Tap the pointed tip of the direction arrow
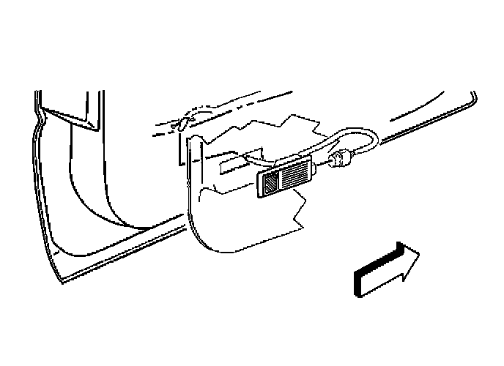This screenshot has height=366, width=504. (420, 254)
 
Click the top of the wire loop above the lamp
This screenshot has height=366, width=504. (359, 132)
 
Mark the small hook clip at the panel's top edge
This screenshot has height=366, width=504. (182, 123)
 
